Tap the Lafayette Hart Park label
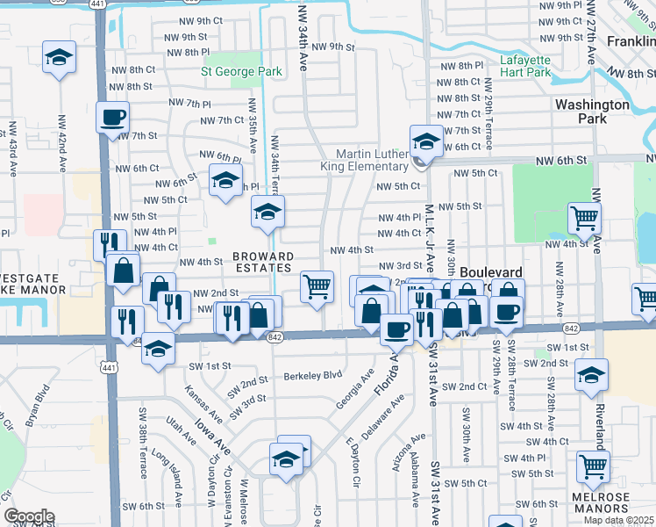click(x=525, y=66)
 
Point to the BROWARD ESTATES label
click(x=262, y=262)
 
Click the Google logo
click(x=29, y=516)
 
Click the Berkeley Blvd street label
click(x=311, y=376)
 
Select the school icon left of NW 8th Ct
click(x=60, y=58)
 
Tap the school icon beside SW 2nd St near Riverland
click(x=592, y=374)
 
